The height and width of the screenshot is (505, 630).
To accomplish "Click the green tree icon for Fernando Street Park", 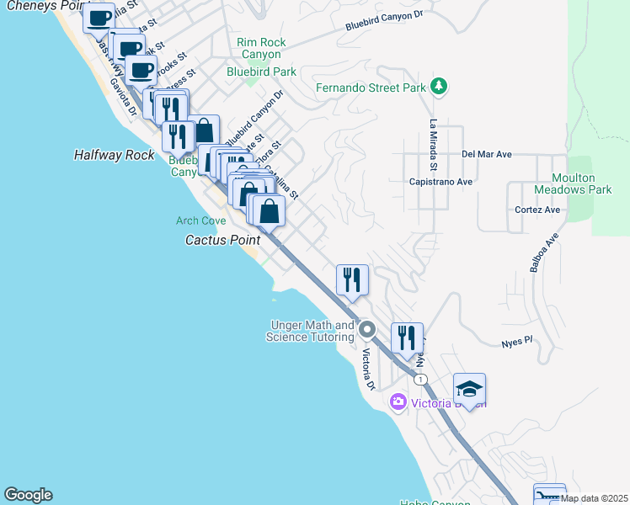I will coord(438,86).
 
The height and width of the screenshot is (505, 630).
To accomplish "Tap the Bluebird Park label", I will coord(261,72).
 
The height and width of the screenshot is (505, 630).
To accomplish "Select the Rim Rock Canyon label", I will coord(261,49).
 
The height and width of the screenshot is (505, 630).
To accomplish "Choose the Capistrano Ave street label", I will coord(440,181).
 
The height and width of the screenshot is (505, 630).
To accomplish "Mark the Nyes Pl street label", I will coord(517,342).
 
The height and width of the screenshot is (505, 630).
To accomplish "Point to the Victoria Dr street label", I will coord(368,369).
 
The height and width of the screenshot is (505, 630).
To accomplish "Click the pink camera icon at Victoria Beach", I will coord(398,403).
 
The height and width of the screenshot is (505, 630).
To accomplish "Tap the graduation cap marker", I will coord(469,389).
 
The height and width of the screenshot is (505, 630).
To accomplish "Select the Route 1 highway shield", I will coord(419,380).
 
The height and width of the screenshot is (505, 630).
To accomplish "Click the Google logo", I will coord(28,495).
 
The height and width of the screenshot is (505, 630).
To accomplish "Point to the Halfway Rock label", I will coord(114,155).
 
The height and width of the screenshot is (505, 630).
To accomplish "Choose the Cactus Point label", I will coord(220,240).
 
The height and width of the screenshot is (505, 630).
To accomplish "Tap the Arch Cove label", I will coord(200,221).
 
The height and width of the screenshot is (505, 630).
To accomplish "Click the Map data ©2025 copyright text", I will coord(594,498).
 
